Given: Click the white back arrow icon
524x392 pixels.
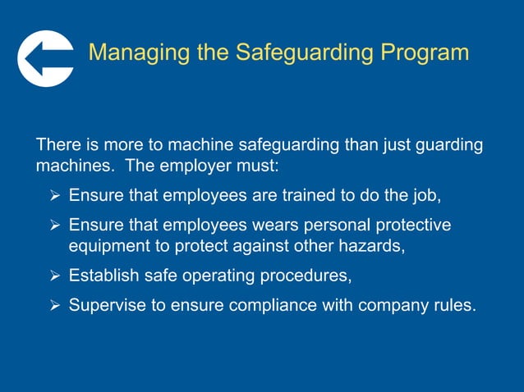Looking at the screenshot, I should click(x=45, y=58).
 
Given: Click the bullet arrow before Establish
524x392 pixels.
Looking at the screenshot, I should click(x=54, y=276).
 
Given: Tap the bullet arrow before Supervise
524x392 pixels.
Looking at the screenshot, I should click(x=54, y=306).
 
